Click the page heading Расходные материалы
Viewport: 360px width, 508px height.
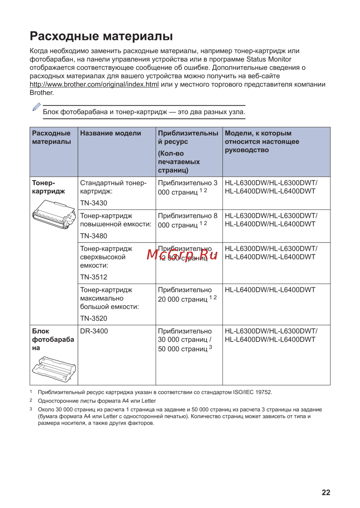101,36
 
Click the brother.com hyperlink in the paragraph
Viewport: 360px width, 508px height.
94,85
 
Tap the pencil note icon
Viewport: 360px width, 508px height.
36,107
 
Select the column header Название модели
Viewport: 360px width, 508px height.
111,133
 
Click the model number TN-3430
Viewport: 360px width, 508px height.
94,203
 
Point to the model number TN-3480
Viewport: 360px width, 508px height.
94,236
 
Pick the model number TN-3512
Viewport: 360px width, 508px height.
94,277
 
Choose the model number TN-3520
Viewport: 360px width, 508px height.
94,318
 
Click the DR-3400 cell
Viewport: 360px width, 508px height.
94,331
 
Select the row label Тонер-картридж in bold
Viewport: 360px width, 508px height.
48,187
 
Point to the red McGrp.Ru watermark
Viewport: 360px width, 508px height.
182,254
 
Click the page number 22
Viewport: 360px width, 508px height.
326,493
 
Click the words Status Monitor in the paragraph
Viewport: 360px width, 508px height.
269,59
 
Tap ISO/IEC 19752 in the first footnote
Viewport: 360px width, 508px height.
252,392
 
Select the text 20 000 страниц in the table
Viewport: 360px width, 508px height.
183,299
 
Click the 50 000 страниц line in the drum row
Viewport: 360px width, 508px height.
183,349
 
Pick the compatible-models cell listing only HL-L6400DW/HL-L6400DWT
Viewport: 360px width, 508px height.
270,290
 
